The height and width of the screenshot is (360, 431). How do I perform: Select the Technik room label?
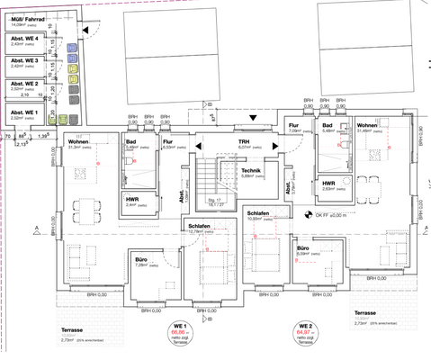click(253, 171)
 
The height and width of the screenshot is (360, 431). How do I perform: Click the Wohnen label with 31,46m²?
click(366, 125)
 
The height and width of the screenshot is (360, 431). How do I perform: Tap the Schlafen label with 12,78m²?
click(198, 227)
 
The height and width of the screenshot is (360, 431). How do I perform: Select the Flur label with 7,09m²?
click(293, 126)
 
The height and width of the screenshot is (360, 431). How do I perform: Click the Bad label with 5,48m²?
click(328, 126)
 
